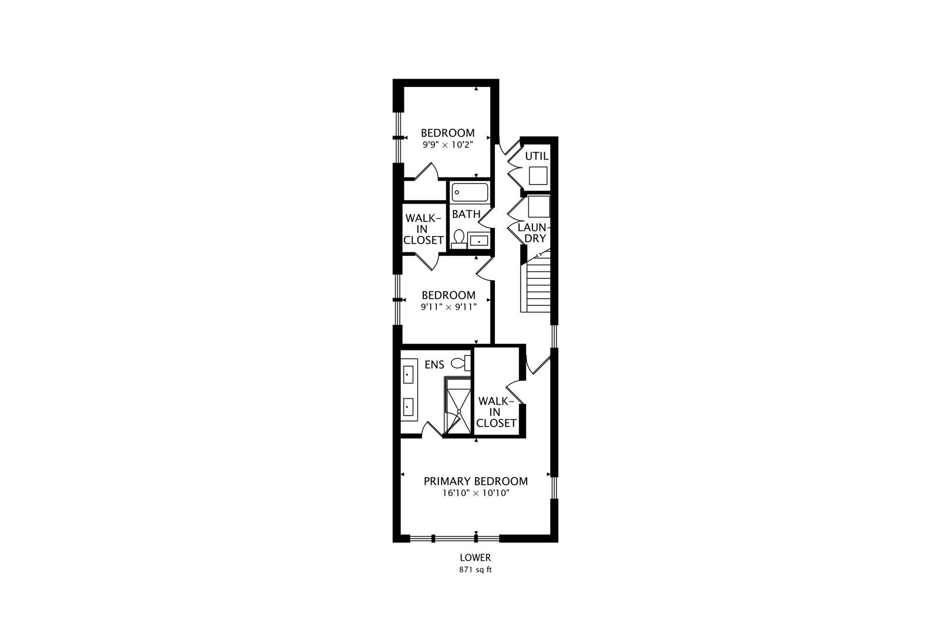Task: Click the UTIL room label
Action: coord(537,156)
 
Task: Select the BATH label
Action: coord(466,214)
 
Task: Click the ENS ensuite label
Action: coord(434,365)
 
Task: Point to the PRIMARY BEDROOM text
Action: coord(475,481)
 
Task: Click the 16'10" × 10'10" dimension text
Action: coord(475,494)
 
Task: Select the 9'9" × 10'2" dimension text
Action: coord(447,144)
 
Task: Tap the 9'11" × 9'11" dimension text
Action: coord(448,306)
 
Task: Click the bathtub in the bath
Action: coord(470,193)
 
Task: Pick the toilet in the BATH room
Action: coord(459,239)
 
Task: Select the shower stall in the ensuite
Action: coord(458,406)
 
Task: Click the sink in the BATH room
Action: coord(479,240)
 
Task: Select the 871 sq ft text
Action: coord(475,569)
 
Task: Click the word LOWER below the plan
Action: coord(475,558)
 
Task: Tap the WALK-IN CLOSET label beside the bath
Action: coord(423,229)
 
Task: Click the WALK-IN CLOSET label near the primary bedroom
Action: coord(497,412)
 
